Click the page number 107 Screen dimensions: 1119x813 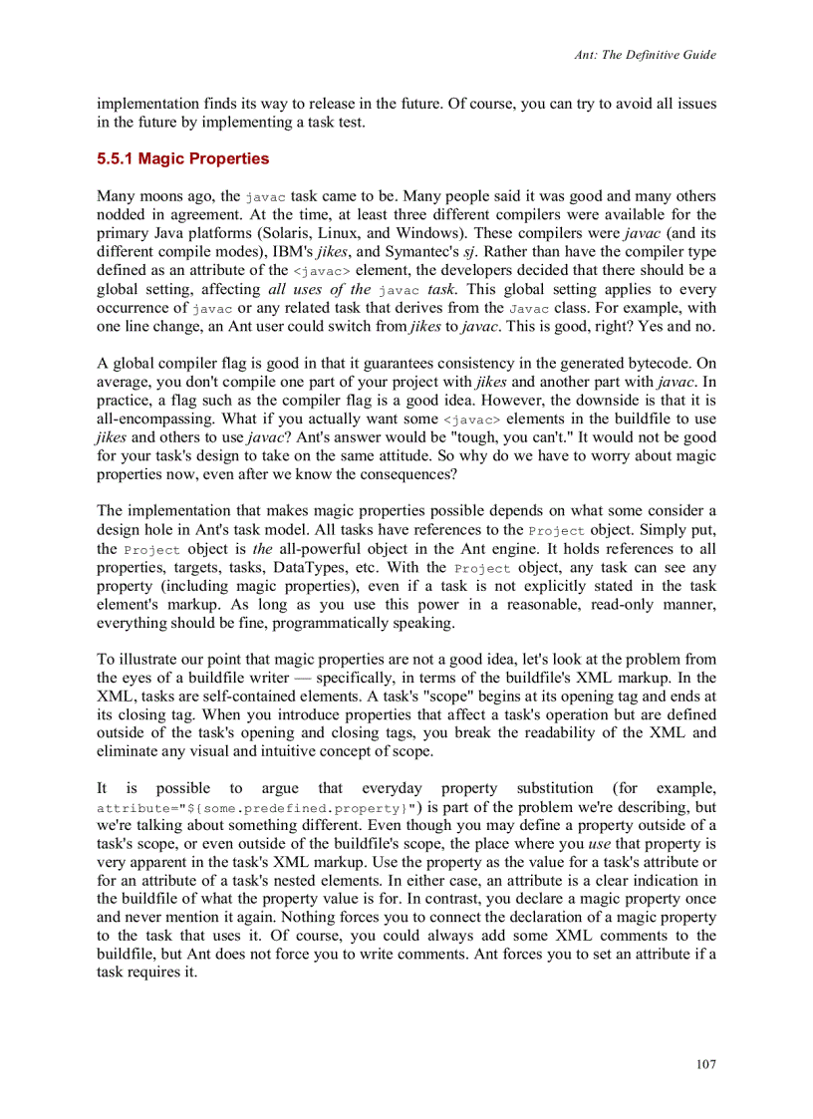[x=705, y=1064]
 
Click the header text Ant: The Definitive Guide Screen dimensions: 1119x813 [x=645, y=55]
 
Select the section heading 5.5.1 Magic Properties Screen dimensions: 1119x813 [x=182, y=158]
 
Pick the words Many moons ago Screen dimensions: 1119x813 [x=145, y=196]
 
